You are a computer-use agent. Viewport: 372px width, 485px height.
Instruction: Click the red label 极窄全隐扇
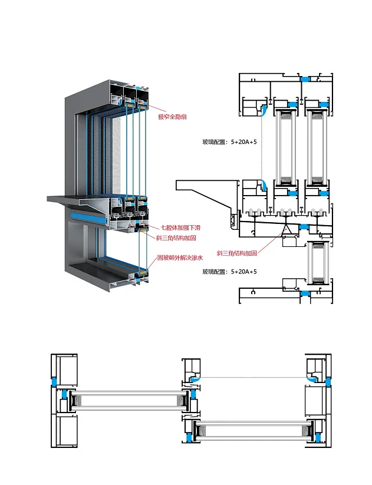pos(172,117)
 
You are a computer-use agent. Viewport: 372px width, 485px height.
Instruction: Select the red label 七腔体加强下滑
pos(180,227)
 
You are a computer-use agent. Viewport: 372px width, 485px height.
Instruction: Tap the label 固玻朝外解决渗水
pos(180,258)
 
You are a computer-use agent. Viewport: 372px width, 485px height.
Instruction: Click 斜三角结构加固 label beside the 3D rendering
pos(176,238)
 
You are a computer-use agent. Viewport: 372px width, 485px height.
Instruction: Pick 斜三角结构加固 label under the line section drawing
pos(237,253)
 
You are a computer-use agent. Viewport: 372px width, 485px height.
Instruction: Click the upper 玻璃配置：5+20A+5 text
pos(230,142)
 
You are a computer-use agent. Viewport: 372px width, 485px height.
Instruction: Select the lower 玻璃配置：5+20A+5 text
pos(230,272)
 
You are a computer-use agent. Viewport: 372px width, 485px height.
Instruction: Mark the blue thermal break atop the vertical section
pos(305,79)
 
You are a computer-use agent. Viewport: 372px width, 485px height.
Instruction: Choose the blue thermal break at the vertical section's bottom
pos(305,293)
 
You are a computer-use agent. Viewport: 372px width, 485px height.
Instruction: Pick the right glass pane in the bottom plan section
pos(252,431)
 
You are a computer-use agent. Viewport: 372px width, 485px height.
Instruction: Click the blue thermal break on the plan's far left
pos(54,381)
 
